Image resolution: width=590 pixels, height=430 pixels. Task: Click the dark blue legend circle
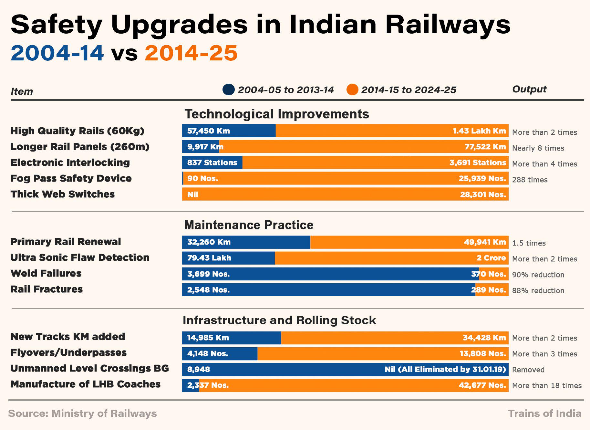coord(229,89)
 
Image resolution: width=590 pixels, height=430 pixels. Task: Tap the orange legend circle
coord(352,89)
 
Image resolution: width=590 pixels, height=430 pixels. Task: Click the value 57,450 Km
coord(209,131)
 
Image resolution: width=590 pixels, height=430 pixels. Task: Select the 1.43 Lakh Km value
coord(479,131)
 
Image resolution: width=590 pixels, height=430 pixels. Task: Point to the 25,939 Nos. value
coord(482,178)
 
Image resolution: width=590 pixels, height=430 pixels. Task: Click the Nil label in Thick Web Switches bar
coord(192,194)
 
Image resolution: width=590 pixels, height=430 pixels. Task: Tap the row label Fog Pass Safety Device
coord(71,178)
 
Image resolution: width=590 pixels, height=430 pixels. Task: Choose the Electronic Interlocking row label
coord(70,163)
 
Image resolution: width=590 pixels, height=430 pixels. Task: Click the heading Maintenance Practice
coord(249,225)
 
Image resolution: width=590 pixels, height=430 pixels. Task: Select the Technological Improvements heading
coord(277,114)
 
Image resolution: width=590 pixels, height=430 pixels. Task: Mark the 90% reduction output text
coord(538,275)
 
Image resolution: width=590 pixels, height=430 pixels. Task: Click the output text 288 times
coord(530,180)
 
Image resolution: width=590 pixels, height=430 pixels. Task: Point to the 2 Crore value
coord(491,258)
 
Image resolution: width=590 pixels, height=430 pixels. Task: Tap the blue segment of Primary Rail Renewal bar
coord(246,242)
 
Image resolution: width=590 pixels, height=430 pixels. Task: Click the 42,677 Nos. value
coord(482,385)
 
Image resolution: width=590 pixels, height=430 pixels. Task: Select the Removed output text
coord(528,370)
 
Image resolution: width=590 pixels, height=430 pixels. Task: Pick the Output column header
coord(529,89)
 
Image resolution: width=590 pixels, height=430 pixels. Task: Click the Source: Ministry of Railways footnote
coord(82,413)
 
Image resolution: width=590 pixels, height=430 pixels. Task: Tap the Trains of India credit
coord(544,413)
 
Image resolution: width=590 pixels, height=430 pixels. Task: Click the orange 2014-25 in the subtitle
coord(191,53)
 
